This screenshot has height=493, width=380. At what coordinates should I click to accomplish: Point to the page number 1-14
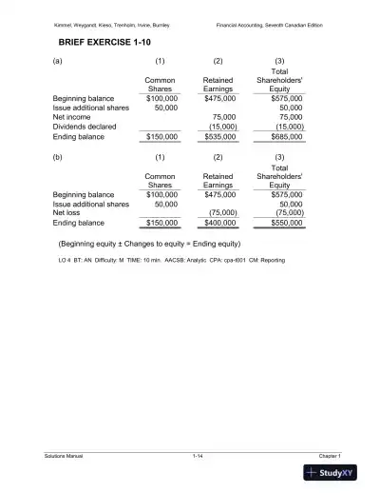coord(198,457)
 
